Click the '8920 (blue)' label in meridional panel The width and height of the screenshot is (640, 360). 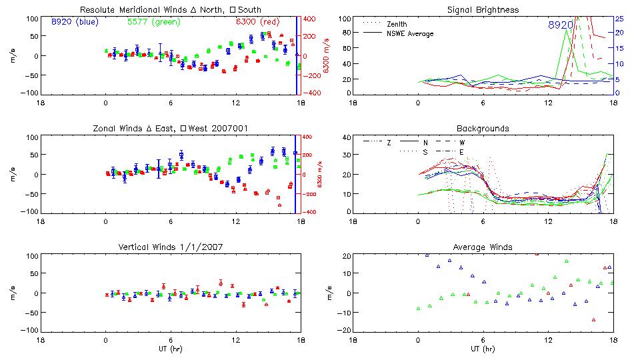(x=75, y=21)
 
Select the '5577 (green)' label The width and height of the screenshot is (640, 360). (x=153, y=21)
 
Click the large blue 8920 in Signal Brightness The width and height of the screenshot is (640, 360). (x=561, y=25)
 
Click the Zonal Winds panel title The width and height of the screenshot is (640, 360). (x=171, y=128)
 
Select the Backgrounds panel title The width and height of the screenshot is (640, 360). (x=483, y=128)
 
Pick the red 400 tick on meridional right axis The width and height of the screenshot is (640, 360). (x=311, y=19)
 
